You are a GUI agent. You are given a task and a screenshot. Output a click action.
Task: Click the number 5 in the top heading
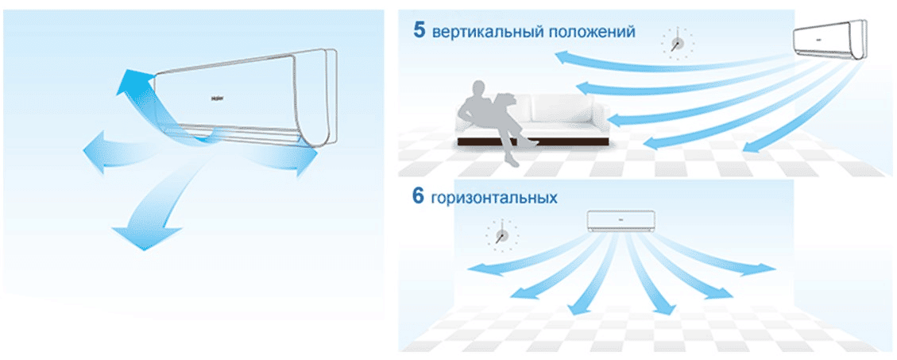pyautogui.click(x=420, y=30)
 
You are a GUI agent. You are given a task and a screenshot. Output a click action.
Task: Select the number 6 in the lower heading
pyautogui.click(x=418, y=197)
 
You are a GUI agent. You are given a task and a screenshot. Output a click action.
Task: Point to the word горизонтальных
pyautogui.click(x=495, y=198)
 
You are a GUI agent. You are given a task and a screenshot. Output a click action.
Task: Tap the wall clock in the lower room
pyautogui.click(x=501, y=235)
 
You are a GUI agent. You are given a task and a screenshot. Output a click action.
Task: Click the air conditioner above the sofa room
pyautogui.click(x=829, y=40)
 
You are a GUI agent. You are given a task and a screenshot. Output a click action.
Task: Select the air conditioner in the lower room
pyautogui.click(x=621, y=221)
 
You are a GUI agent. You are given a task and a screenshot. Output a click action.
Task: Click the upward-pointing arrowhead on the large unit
pyautogui.click(x=133, y=83)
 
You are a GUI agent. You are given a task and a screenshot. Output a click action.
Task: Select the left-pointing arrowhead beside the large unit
pyautogui.click(x=95, y=152)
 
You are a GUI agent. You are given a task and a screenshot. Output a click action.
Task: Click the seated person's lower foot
pyautogui.click(x=513, y=162)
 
